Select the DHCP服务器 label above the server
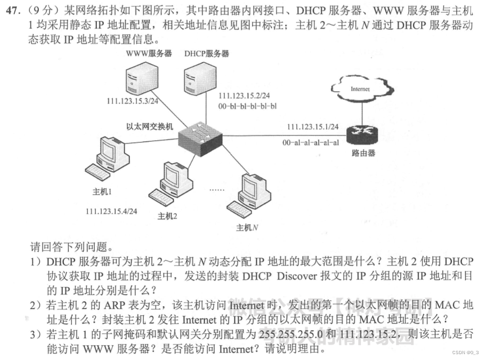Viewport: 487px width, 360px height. [x=207, y=54]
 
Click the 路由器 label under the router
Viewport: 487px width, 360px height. [x=363, y=154]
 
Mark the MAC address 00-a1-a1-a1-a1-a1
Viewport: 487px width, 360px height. [x=311, y=143]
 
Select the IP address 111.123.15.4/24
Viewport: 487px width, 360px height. [x=111, y=211]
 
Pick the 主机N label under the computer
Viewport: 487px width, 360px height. [x=247, y=227]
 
